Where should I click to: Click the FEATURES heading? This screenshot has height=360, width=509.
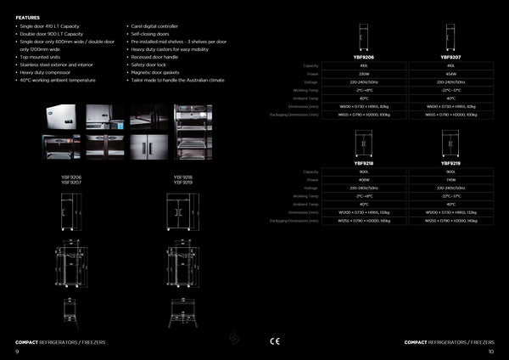click(x=28, y=17)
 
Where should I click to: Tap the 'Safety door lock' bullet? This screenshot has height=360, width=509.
click(x=149, y=65)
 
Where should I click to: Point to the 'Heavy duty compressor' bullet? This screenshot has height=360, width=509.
click(x=44, y=72)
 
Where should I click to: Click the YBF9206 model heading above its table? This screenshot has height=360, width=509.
click(x=364, y=57)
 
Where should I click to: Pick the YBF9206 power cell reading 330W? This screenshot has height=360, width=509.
click(x=364, y=73)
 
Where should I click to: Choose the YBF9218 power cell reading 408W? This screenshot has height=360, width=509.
click(x=364, y=179)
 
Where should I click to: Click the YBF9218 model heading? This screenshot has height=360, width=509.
click(x=364, y=163)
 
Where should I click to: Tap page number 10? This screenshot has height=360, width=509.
click(x=491, y=351)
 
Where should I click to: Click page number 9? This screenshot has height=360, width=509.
click(x=17, y=351)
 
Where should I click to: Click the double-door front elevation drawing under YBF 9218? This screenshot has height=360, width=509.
click(x=182, y=211)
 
